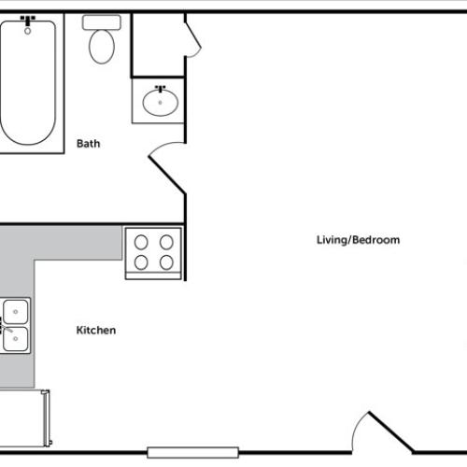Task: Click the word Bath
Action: tap(88, 144)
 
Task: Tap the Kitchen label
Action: tap(95, 331)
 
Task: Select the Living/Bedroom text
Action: tap(358, 240)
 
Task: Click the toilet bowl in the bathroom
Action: tap(100, 46)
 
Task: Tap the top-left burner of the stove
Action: tap(141, 241)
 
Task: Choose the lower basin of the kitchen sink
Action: tap(16, 338)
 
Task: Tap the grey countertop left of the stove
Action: tap(75, 245)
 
